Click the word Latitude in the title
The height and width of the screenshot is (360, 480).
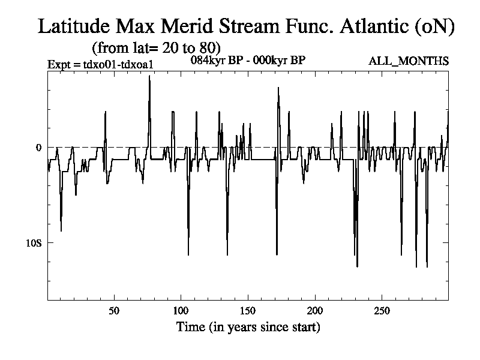[76, 26]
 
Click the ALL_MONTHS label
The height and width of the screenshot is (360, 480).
[411, 61]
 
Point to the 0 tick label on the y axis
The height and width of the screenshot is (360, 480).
[38, 148]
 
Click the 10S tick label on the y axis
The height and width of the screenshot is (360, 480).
[34, 243]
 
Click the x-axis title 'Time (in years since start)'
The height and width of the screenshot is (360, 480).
[248, 327]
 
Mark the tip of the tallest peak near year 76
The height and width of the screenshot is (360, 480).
[149, 76]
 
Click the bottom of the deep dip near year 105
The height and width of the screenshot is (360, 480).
[188, 255]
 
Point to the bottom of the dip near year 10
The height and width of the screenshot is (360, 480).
[61, 231]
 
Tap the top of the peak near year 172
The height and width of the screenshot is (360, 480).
[278, 88]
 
